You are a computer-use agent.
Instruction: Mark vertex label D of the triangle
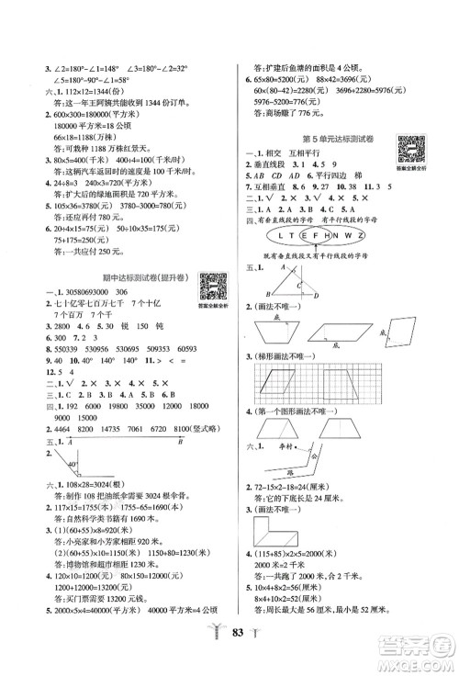point(297,338)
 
